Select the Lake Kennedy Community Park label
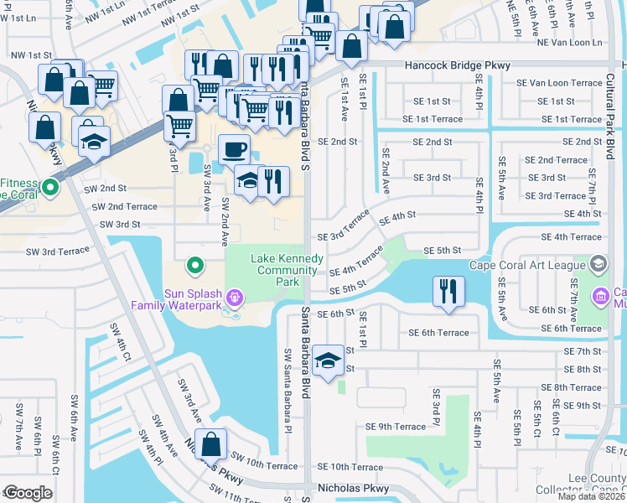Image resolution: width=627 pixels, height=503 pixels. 287,270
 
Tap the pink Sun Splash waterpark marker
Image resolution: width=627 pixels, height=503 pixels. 235,297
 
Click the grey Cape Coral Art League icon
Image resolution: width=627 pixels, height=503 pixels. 598,266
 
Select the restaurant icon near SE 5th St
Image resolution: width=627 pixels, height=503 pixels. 448,292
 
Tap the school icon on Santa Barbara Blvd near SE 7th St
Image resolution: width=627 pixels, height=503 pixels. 327,361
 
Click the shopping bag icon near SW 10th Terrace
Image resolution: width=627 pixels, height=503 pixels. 214,444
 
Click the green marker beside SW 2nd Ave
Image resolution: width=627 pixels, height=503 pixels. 195,266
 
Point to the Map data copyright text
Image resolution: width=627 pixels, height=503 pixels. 590,496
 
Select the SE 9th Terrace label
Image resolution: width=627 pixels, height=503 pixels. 396,426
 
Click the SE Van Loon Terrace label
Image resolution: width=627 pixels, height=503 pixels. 559,83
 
